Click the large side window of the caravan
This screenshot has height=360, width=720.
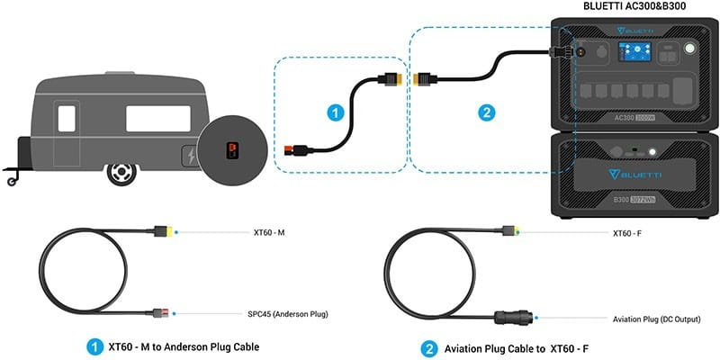[157, 118]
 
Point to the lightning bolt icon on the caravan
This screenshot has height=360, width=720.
[190, 157]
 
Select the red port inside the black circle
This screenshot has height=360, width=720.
[229, 149]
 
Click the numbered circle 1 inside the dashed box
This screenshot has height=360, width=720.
[335, 113]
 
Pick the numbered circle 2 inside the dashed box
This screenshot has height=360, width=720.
[487, 113]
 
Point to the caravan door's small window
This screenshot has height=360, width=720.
[67, 117]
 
